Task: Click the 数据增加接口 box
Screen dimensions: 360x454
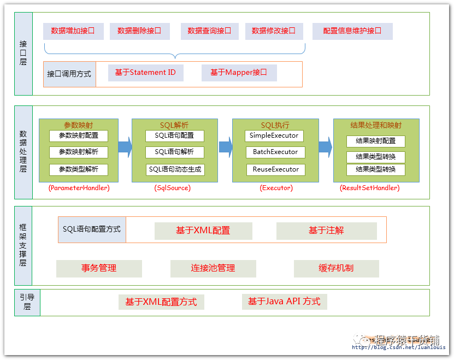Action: tap(73, 31)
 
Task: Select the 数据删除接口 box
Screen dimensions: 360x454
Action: tap(139, 31)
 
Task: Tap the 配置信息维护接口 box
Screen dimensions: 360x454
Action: tap(352, 31)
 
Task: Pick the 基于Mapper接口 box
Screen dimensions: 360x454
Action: tap(239, 73)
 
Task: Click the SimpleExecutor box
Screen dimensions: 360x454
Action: tap(274, 135)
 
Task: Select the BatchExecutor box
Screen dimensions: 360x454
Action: tap(275, 152)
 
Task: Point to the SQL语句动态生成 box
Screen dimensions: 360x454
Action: tap(175, 169)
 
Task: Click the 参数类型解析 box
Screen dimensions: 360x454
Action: tap(78, 169)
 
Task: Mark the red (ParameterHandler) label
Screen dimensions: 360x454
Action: tap(79, 188)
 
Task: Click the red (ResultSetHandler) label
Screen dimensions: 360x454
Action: tap(370, 188)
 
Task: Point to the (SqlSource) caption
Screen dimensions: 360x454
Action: tap(172, 188)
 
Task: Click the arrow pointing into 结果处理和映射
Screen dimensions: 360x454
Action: tap(325, 146)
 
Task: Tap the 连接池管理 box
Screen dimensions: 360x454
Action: tap(213, 268)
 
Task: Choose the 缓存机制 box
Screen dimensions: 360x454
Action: tap(336, 268)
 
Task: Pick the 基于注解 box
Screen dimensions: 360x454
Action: tap(326, 231)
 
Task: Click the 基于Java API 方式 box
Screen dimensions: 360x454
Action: tap(284, 302)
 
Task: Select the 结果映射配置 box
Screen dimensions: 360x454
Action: tap(375, 141)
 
